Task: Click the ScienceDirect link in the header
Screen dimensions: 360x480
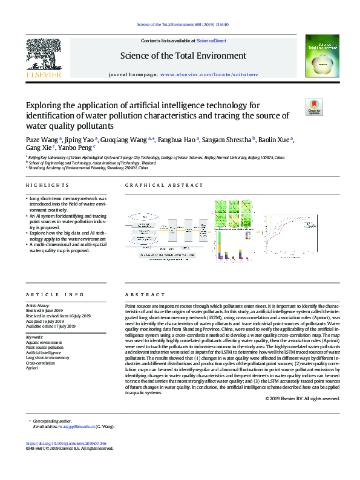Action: tap(211, 41)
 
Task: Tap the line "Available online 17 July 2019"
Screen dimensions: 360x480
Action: tap(50, 326)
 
